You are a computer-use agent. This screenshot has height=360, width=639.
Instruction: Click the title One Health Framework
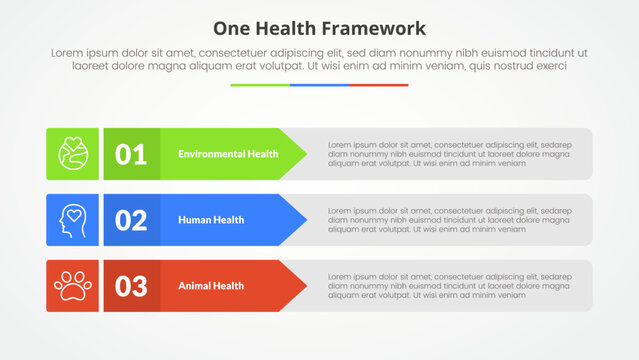click(319, 27)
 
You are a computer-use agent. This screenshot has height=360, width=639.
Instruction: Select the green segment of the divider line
click(260, 85)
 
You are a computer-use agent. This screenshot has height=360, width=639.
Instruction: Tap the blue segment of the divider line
click(319, 85)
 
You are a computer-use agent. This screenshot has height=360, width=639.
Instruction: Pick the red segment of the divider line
click(379, 85)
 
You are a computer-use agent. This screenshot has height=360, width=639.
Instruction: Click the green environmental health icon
click(72, 154)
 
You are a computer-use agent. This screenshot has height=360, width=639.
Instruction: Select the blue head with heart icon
click(72, 220)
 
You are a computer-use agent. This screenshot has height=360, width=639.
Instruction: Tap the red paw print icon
click(72, 286)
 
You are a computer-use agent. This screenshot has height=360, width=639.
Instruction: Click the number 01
click(131, 154)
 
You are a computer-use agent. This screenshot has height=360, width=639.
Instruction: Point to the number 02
click(131, 220)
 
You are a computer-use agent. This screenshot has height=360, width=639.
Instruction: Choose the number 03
click(131, 286)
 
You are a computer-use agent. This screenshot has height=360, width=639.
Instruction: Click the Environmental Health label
click(228, 154)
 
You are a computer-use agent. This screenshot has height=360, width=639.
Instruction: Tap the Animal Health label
click(211, 286)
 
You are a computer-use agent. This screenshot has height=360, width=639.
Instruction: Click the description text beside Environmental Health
click(449, 154)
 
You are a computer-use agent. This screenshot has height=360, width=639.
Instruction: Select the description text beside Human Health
click(449, 220)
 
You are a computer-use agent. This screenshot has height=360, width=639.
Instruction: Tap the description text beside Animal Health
click(449, 286)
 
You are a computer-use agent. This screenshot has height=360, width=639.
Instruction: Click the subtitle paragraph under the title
click(319, 58)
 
